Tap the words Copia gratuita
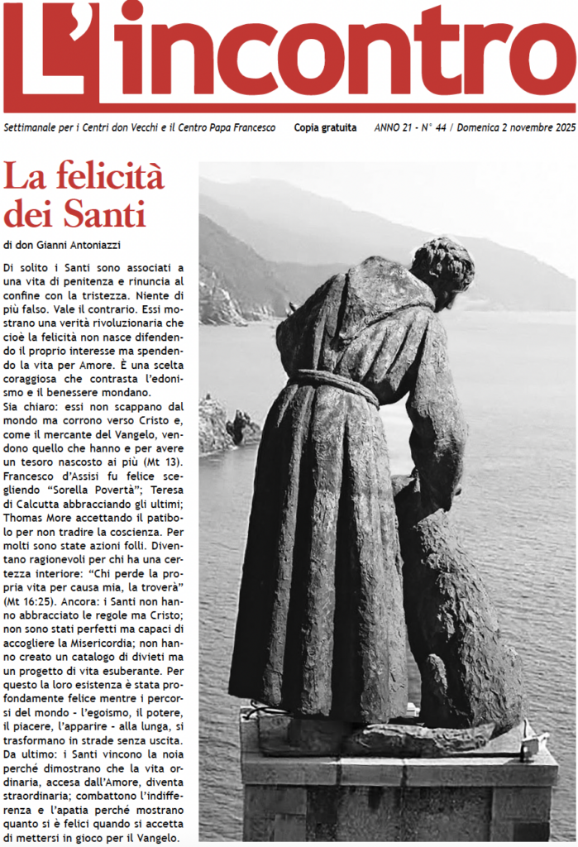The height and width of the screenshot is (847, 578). point(326,128)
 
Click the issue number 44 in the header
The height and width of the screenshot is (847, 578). point(441,128)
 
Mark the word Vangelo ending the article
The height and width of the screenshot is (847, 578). point(156,836)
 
